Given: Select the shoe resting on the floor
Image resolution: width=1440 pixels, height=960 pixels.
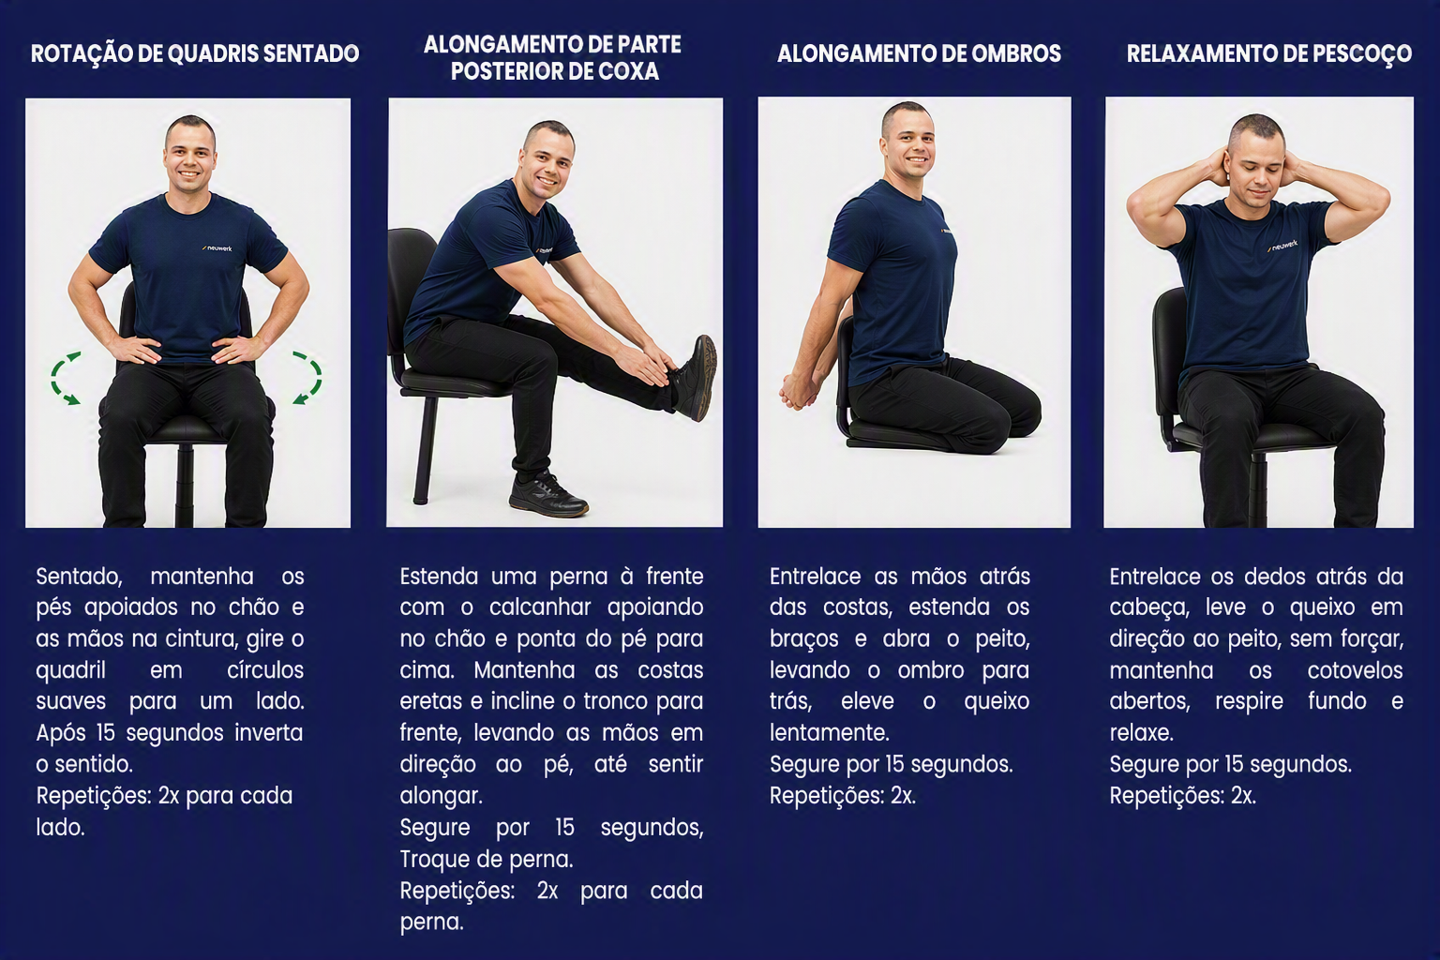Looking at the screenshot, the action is pyautogui.click(x=547, y=494).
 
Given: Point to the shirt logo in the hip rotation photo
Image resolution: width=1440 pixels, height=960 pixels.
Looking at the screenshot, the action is pyautogui.click(x=217, y=247).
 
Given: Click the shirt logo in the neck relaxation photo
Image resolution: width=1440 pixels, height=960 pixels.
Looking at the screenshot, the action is pyautogui.click(x=1282, y=246).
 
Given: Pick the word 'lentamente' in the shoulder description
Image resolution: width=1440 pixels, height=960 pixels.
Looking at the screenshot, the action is pyautogui.click(x=830, y=733).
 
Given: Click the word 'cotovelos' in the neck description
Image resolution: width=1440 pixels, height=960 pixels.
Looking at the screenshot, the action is pyautogui.click(x=1355, y=670).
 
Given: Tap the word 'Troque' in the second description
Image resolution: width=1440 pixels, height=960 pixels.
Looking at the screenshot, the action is pyautogui.click(x=435, y=861).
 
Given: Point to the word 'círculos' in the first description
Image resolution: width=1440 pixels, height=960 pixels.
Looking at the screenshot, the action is pyautogui.click(x=265, y=670).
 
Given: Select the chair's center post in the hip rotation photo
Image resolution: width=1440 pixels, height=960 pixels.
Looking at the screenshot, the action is pyautogui.click(x=185, y=484).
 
